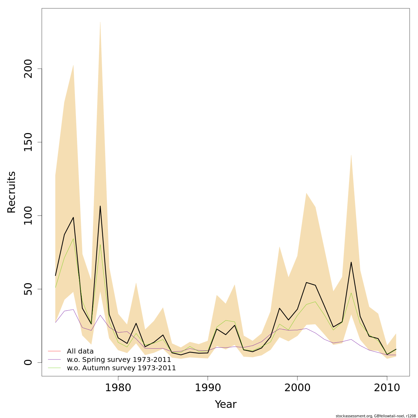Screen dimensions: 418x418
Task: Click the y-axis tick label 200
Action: click(x=28, y=69)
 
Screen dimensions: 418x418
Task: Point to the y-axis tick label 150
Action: click(x=28, y=142)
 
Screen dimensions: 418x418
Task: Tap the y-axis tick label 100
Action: click(x=28, y=216)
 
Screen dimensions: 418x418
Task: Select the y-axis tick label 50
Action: click(x=28, y=289)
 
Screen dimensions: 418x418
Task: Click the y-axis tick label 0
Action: click(x=28, y=362)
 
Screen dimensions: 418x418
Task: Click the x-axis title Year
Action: click(x=225, y=404)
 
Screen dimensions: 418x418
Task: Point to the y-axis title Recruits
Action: click(x=11, y=192)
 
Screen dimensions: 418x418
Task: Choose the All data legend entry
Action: click(x=80, y=351)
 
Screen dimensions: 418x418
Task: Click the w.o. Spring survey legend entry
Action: click(x=119, y=359)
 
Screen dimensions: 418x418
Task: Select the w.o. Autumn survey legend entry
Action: click(x=121, y=368)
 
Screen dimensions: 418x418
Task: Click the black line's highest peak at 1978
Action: click(x=100, y=206)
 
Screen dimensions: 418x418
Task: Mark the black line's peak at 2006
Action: click(x=351, y=262)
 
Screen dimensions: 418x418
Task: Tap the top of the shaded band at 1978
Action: click(x=100, y=22)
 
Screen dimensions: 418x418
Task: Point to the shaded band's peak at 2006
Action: click(x=351, y=155)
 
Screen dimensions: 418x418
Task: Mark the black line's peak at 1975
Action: click(x=73, y=217)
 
